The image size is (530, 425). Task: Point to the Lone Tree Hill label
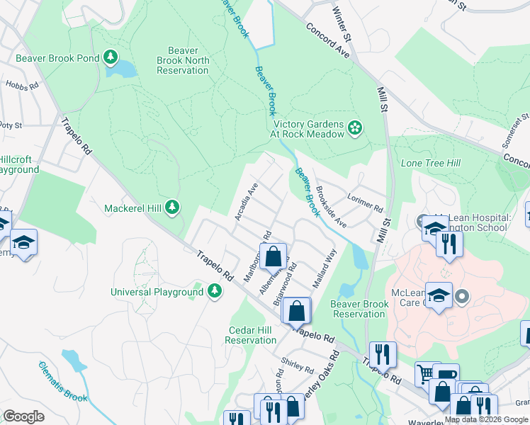click(431, 163)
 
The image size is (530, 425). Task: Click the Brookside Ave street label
click(330, 206)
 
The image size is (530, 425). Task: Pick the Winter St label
click(341, 21)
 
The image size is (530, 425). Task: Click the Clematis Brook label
click(63, 380)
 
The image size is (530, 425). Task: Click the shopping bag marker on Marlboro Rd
click(273, 256)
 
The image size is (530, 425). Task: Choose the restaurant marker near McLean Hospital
click(449, 244)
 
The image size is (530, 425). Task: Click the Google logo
click(24, 416)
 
